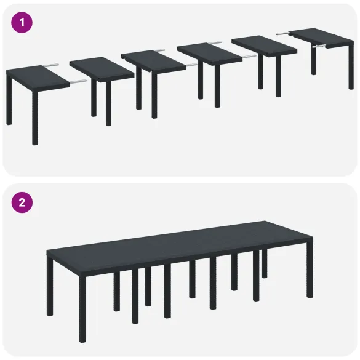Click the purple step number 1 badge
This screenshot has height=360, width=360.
pyautogui.click(x=22, y=23)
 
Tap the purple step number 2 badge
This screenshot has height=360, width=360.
pyautogui.click(x=22, y=201)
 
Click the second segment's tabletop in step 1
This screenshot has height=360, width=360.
pyautogui.click(x=102, y=67)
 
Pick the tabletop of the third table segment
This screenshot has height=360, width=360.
pyautogui.click(x=153, y=58)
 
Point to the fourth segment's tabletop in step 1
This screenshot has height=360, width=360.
pyautogui.click(x=209, y=51)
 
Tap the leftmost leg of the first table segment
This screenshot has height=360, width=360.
pyautogui.click(x=9, y=102)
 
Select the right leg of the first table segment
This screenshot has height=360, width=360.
pyautogui.click(x=35, y=117)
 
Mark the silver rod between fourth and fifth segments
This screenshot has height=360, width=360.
pyautogui.click(x=248, y=55)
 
